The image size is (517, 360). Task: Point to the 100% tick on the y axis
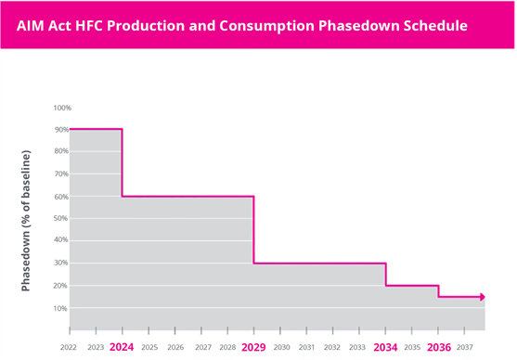[61, 108]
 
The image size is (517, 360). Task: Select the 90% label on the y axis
[61, 130]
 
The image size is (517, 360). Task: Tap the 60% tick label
[61, 197]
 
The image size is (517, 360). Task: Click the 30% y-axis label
[61, 264]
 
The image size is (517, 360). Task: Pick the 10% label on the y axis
[61, 308]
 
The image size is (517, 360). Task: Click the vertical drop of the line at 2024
[123, 162]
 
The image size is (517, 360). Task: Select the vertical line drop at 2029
[254, 230]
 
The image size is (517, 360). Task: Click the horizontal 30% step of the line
[320, 264]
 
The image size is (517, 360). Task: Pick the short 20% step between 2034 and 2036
[412, 286]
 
